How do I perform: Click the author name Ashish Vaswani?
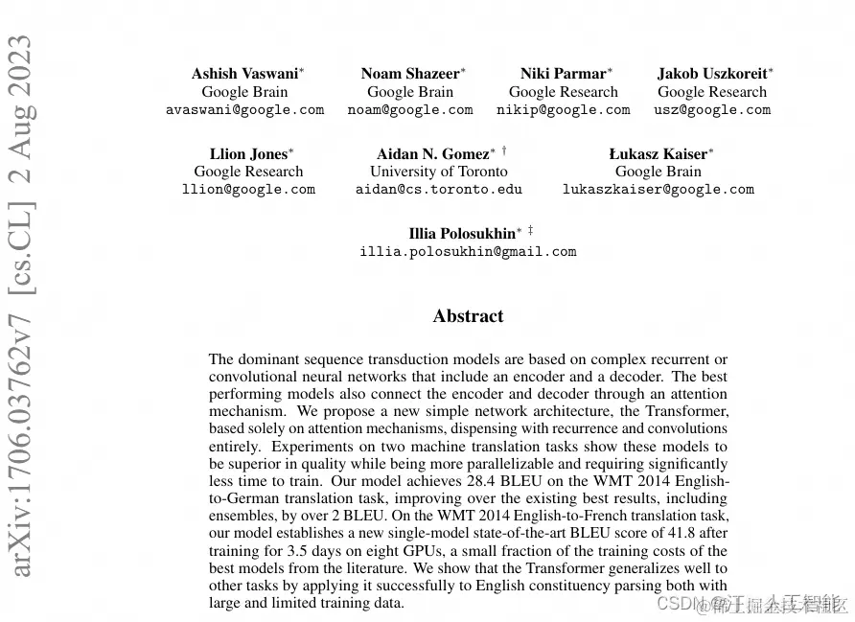[x=243, y=74]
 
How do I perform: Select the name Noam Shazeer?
[x=409, y=74]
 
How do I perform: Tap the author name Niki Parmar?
[x=563, y=74]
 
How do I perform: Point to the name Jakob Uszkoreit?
[x=711, y=74]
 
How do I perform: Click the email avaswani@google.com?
[x=244, y=110]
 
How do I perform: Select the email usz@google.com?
[x=712, y=110]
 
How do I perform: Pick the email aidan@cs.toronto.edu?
[x=439, y=190]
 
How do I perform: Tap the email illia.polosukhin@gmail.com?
[x=468, y=252]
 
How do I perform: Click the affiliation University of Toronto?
[x=439, y=172]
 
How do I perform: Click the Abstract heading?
[x=468, y=316]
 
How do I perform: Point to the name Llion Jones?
[x=247, y=153]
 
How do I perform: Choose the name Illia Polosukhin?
[x=461, y=234]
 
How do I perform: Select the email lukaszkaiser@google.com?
[x=658, y=190]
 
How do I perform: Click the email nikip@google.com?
[x=563, y=110]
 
